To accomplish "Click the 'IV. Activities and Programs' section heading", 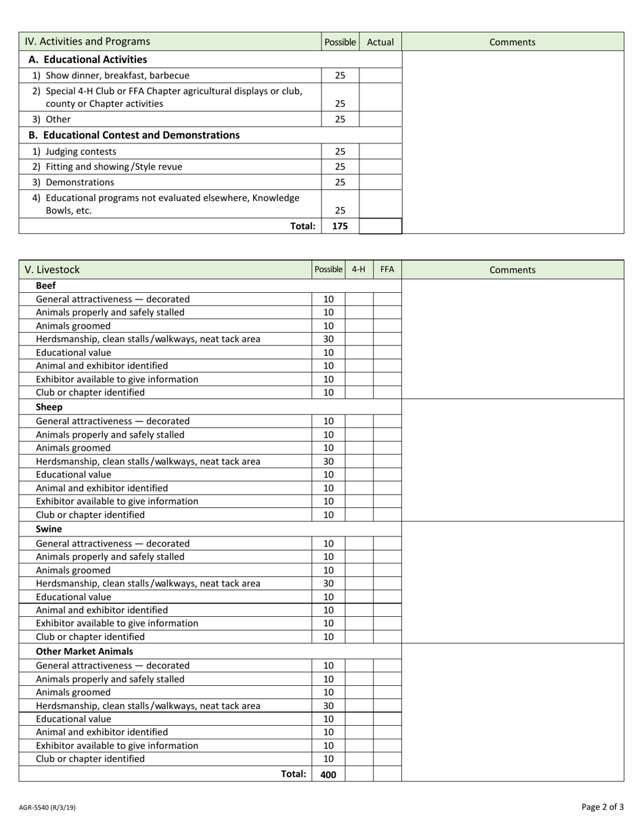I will pos(87,42).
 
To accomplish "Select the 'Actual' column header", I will pos(380,42).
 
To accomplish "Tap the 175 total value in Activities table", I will pos(340,227).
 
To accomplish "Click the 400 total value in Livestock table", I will pos(328,775).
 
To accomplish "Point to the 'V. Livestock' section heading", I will pos(52,270).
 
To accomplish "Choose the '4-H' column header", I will pos(359,269).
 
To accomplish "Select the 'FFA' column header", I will pos(387,269).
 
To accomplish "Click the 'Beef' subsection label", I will pos(45,285).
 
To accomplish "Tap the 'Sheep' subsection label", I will pos(49,407).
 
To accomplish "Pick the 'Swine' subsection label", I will pos(49,529).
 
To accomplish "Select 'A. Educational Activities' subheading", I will pos(87,60).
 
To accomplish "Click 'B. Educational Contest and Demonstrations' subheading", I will pos(134,135).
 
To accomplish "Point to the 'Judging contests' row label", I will pos(81,152).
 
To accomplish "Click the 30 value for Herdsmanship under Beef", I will pos(328,339).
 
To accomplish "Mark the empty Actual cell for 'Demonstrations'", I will pos(380,183).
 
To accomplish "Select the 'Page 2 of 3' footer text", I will pos(602,807).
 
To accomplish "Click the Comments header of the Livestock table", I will pos(512,270).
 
